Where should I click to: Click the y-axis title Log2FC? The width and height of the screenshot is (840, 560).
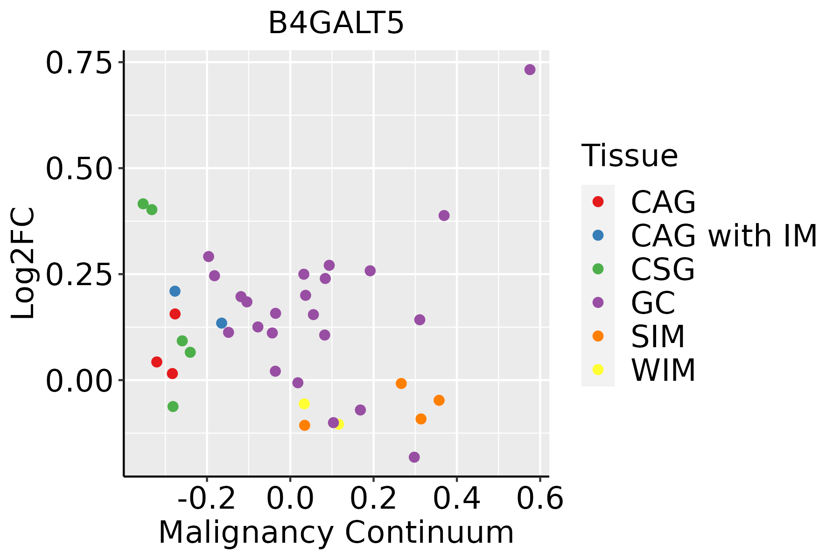click(23, 264)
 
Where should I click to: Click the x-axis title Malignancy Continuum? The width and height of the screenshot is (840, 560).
click(336, 533)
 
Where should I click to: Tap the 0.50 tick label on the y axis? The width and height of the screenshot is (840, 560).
click(79, 168)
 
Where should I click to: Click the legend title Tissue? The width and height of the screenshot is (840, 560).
click(630, 156)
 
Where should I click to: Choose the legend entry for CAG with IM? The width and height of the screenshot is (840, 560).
click(723, 236)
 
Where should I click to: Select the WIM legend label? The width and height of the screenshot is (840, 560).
click(663, 370)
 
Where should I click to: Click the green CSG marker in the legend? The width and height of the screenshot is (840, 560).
click(598, 269)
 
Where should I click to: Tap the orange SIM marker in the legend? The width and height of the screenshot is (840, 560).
click(598, 336)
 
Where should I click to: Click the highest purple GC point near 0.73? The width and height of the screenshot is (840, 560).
click(530, 70)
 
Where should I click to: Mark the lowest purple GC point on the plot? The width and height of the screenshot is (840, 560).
click(414, 457)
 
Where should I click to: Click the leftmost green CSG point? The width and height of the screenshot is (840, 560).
click(143, 204)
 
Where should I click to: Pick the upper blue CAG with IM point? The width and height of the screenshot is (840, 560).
click(175, 291)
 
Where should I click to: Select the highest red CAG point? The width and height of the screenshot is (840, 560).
click(175, 314)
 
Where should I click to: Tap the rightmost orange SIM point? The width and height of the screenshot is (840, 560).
click(439, 400)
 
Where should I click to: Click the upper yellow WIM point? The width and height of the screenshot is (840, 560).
click(304, 404)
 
